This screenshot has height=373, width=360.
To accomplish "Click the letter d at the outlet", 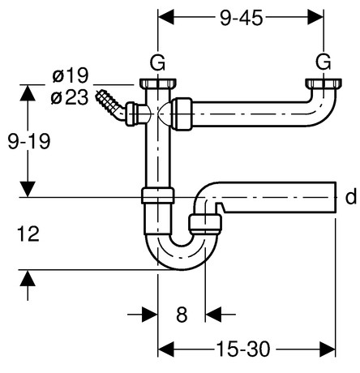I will point(350,197).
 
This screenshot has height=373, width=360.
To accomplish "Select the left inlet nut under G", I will point(156,84).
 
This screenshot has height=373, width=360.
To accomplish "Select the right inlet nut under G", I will point(323,84).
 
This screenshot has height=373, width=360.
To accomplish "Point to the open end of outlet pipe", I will point(333,198).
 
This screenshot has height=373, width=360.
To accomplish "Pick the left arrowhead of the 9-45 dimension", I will point(163,15).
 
